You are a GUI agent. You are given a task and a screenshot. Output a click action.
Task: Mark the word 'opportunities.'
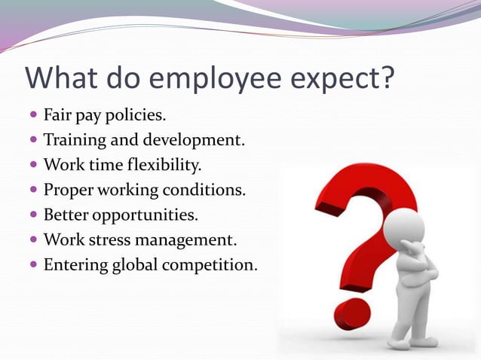pos(146,215)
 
